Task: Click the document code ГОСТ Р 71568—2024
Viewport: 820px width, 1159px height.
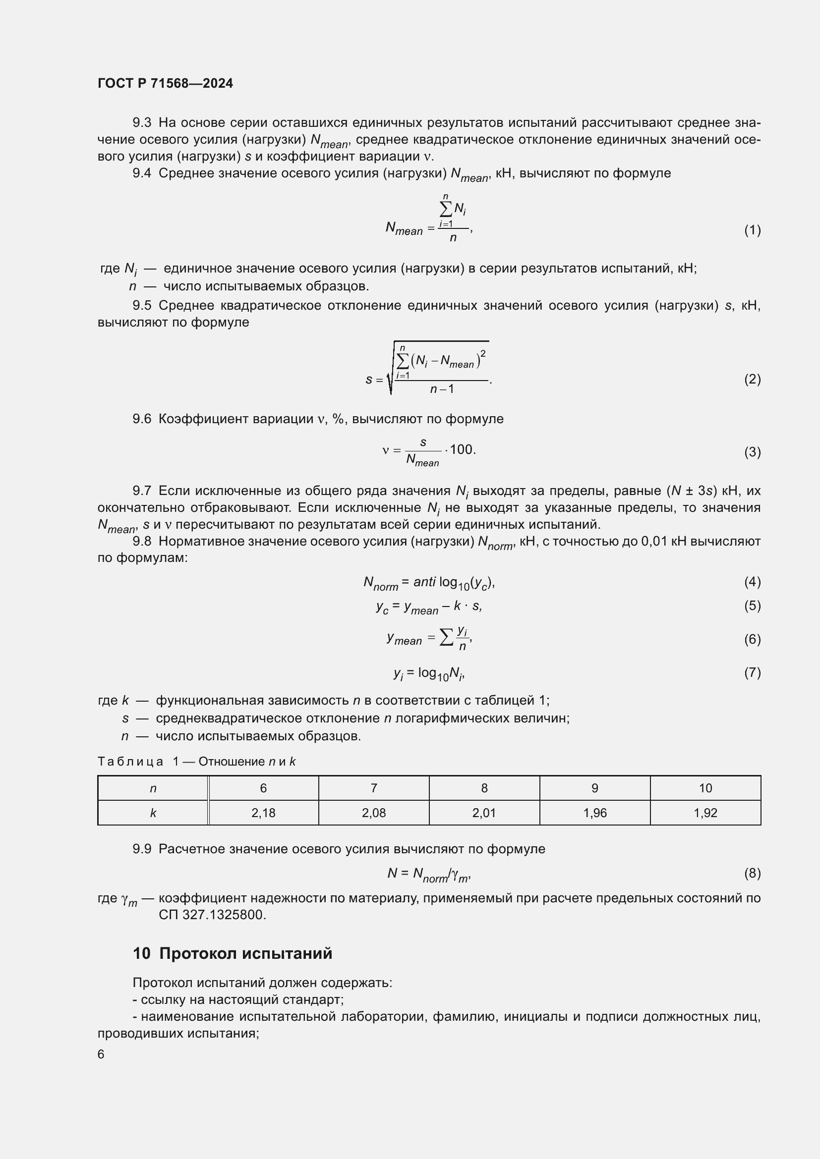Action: pyautogui.click(x=165, y=83)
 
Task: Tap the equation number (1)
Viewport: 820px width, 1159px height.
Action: pyautogui.click(x=752, y=230)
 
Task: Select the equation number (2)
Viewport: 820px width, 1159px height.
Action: pyautogui.click(x=752, y=379)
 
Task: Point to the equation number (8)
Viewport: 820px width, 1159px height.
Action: pyautogui.click(x=752, y=873)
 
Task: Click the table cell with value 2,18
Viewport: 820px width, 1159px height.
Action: pyautogui.click(x=263, y=813)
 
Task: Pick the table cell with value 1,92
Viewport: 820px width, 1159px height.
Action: pyautogui.click(x=705, y=813)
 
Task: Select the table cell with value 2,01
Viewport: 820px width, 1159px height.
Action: pyautogui.click(x=484, y=813)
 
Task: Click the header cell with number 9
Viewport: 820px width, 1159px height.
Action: pyautogui.click(x=595, y=788)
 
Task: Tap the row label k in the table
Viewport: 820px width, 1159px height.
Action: pyautogui.click(x=153, y=813)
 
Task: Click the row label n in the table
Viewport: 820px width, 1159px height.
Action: pyautogui.click(x=153, y=788)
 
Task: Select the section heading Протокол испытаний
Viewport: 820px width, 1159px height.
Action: pyautogui.click(x=245, y=953)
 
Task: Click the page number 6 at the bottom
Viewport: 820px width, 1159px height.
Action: pyautogui.click(x=101, y=1054)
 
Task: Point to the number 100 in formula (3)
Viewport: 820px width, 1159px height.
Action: pyautogui.click(x=462, y=449)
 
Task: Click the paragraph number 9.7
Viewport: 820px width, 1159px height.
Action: pyautogui.click(x=142, y=491)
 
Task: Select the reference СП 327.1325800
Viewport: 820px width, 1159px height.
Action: pyautogui.click(x=212, y=915)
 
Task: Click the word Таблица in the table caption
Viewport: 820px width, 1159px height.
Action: pyautogui.click(x=130, y=761)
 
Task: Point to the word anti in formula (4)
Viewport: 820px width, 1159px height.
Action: pyautogui.click(x=424, y=582)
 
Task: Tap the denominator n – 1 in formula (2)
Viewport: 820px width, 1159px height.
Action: pyautogui.click(x=442, y=388)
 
